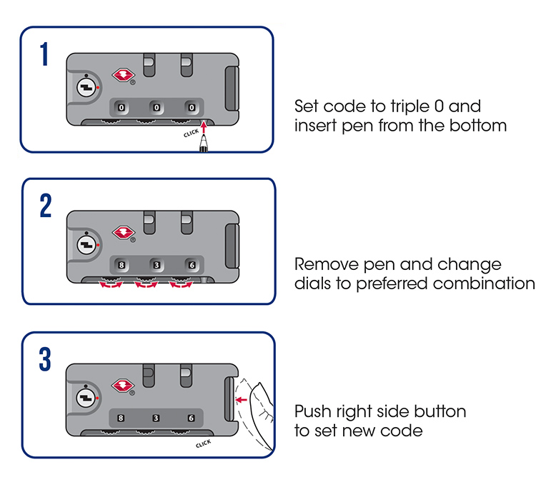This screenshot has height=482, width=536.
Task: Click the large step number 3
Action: pyautogui.click(x=45, y=359)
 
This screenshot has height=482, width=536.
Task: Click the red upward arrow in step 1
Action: pyautogui.click(x=206, y=129)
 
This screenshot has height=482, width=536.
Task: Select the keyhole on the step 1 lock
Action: pyautogui.click(x=85, y=86)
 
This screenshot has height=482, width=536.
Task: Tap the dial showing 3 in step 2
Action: pyautogui.click(x=156, y=265)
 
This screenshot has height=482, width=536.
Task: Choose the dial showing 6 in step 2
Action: pyautogui.click(x=191, y=265)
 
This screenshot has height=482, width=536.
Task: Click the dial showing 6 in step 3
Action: pyautogui.click(x=191, y=418)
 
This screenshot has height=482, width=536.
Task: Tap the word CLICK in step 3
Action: pyautogui.click(x=202, y=444)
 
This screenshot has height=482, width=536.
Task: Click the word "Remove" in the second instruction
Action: pyautogui.click(x=321, y=264)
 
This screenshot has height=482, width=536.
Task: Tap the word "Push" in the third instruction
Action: pyautogui.click(x=311, y=412)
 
